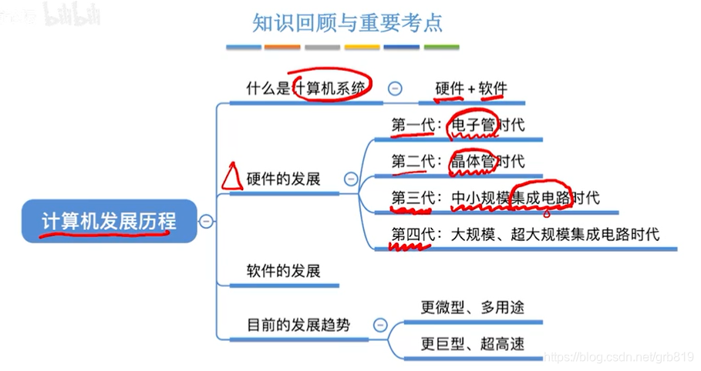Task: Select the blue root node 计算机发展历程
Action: click(109, 222)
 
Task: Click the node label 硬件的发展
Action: click(283, 179)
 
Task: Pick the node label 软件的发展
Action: click(283, 270)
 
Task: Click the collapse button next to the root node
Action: click(207, 222)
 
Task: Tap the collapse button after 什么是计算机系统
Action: click(395, 89)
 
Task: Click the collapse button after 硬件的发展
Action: click(351, 179)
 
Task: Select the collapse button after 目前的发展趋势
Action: click(379, 325)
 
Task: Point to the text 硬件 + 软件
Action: click(471, 89)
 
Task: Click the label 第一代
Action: click(412, 125)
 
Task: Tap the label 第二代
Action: click(412, 161)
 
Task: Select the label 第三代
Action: click(412, 198)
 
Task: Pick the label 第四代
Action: click(412, 234)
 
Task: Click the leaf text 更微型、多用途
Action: click(472, 306)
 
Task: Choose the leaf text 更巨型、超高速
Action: click(472, 343)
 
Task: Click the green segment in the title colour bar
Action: click(442, 48)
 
